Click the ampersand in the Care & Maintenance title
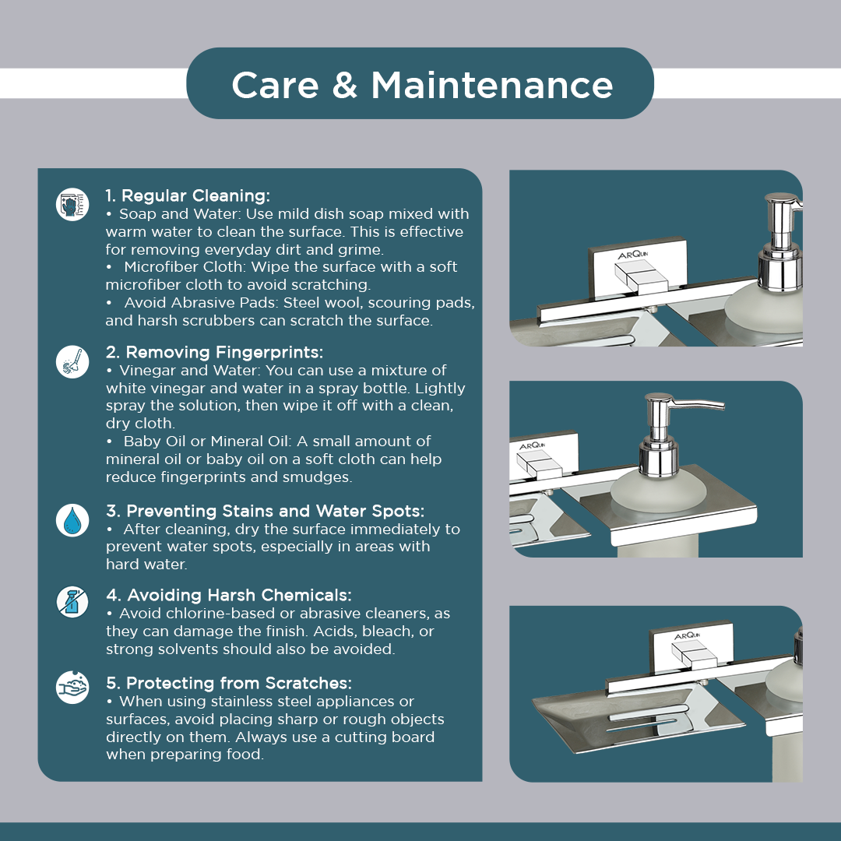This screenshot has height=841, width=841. tap(344, 86)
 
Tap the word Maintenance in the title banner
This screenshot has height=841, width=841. tap(492, 86)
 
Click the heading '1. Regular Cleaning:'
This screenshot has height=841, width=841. tap(188, 195)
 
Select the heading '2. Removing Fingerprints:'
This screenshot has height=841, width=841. tap(215, 352)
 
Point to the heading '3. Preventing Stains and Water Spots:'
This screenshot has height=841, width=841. tap(265, 511)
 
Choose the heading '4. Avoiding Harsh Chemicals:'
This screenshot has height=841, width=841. tap(228, 595)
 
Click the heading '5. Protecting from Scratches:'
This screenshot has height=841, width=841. tap(229, 683)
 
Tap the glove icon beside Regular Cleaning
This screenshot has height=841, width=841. tap(72, 204)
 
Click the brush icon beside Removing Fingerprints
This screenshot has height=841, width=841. tap(72, 361)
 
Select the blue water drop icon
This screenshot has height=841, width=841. tap(72, 520)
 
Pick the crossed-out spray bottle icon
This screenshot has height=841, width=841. tap(72, 602)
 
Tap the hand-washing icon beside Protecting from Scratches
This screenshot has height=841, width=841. tap(72, 687)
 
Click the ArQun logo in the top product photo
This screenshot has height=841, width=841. tap(633, 254)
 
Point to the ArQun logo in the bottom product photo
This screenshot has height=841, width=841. tap(687, 635)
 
